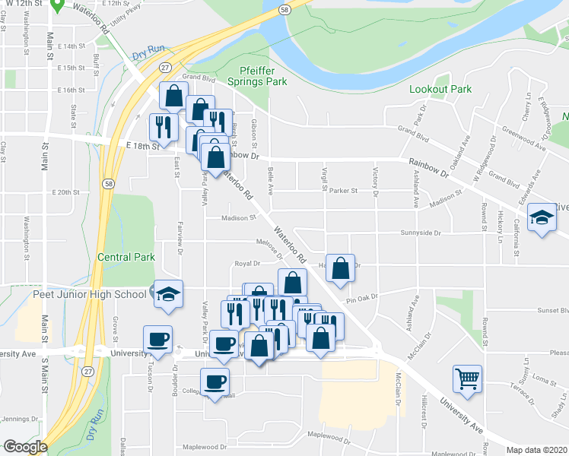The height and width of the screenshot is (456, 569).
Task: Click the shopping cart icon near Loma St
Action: pyautogui.click(x=466, y=378)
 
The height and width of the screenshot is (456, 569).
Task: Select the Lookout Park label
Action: pyautogui.click(x=440, y=89)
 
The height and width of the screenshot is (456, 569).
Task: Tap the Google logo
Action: pyautogui.click(x=24, y=447)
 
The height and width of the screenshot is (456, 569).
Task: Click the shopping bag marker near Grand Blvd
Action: pyautogui.click(x=174, y=95)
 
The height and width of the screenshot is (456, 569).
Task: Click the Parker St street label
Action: pyautogui.click(x=343, y=191)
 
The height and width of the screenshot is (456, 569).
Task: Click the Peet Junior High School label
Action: pyautogui.click(x=90, y=294)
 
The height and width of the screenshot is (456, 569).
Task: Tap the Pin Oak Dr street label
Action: pyautogui.click(x=362, y=299)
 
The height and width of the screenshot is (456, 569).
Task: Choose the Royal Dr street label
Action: pyautogui.click(x=246, y=264)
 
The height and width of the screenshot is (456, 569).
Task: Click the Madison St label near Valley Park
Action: pyautogui.click(x=238, y=217)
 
